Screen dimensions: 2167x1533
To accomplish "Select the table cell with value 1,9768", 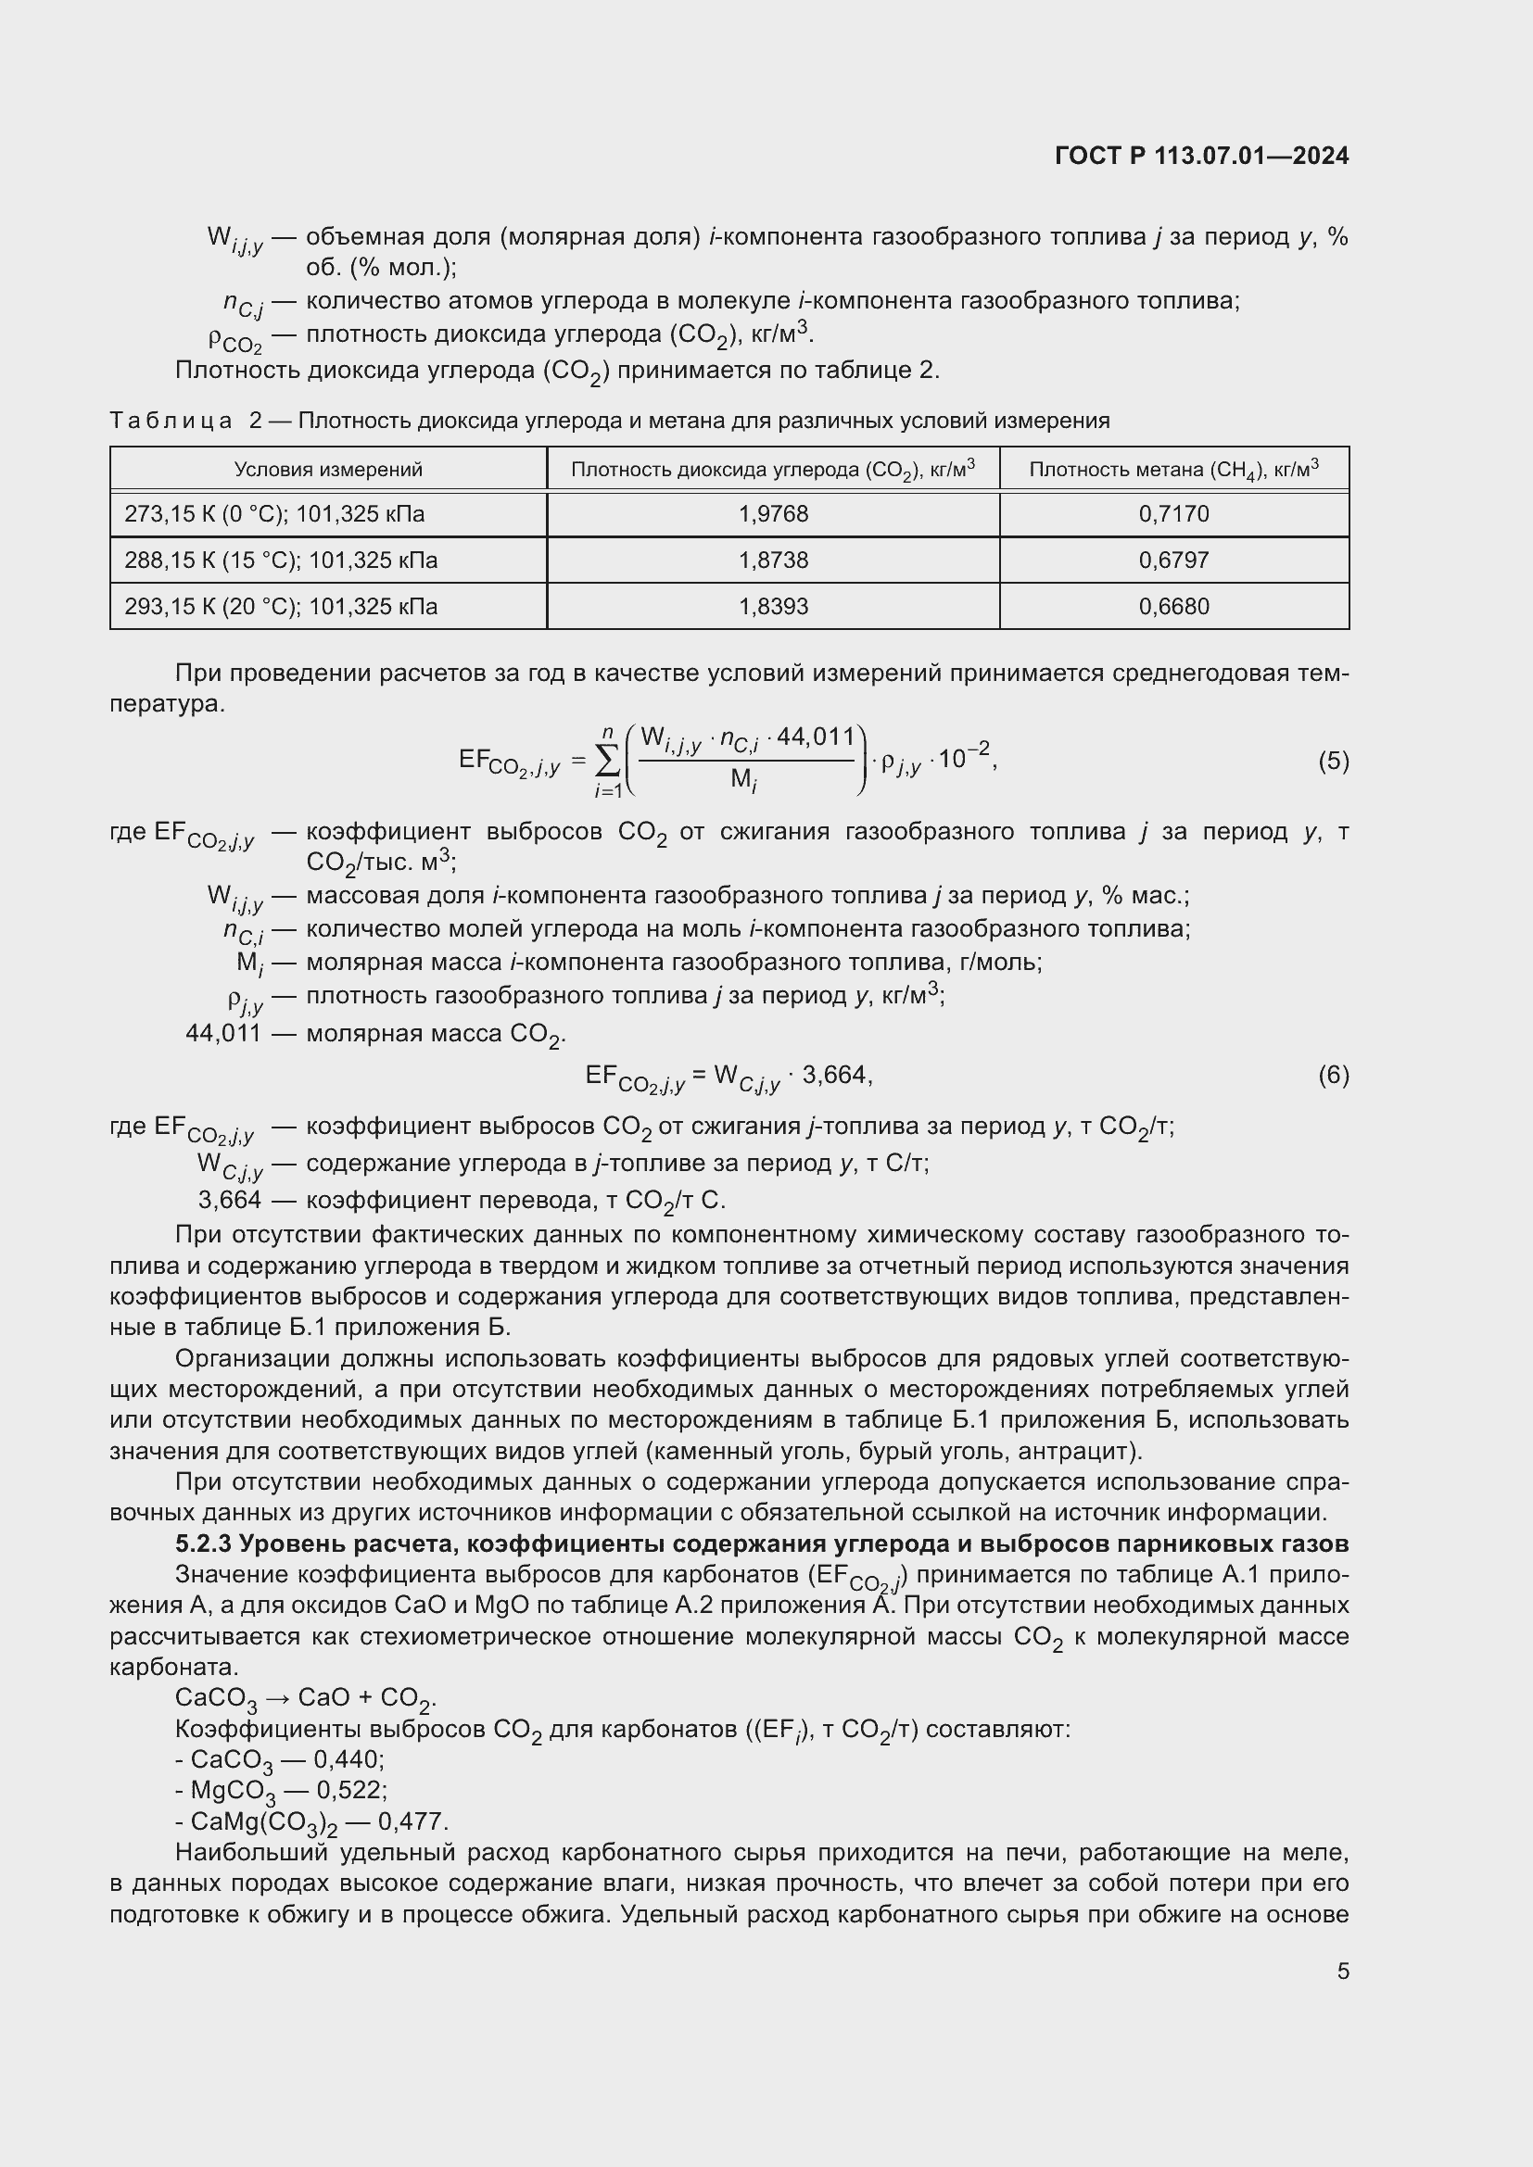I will tap(772, 514).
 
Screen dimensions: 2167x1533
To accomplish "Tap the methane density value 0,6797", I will tap(1173, 561).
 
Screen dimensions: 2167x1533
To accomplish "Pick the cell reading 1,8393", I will tap(772, 606).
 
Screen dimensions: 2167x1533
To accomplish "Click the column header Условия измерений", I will tap(327, 469).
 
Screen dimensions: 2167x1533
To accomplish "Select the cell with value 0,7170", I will tap(1173, 514).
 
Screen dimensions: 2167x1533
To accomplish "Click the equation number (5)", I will tap(1333, 761).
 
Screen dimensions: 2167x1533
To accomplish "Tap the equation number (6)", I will tap(1333, 1074).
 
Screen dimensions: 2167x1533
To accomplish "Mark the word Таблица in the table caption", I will tap(171, 421).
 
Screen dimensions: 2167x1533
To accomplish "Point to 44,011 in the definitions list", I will tap(223, 1034).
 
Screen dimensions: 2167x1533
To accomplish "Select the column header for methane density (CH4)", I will tap(1173, 469).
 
